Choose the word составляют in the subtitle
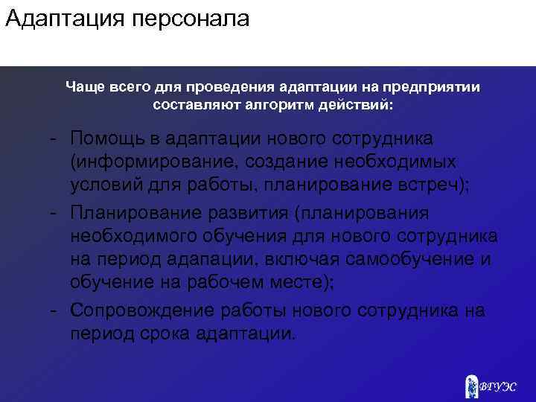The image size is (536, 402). click(194, 105)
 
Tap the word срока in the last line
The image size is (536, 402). click(165, 333)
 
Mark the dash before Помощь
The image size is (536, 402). click(55, 139)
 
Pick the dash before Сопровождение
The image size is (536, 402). click(55, 310)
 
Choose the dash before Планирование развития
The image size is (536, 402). click(55, 214)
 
